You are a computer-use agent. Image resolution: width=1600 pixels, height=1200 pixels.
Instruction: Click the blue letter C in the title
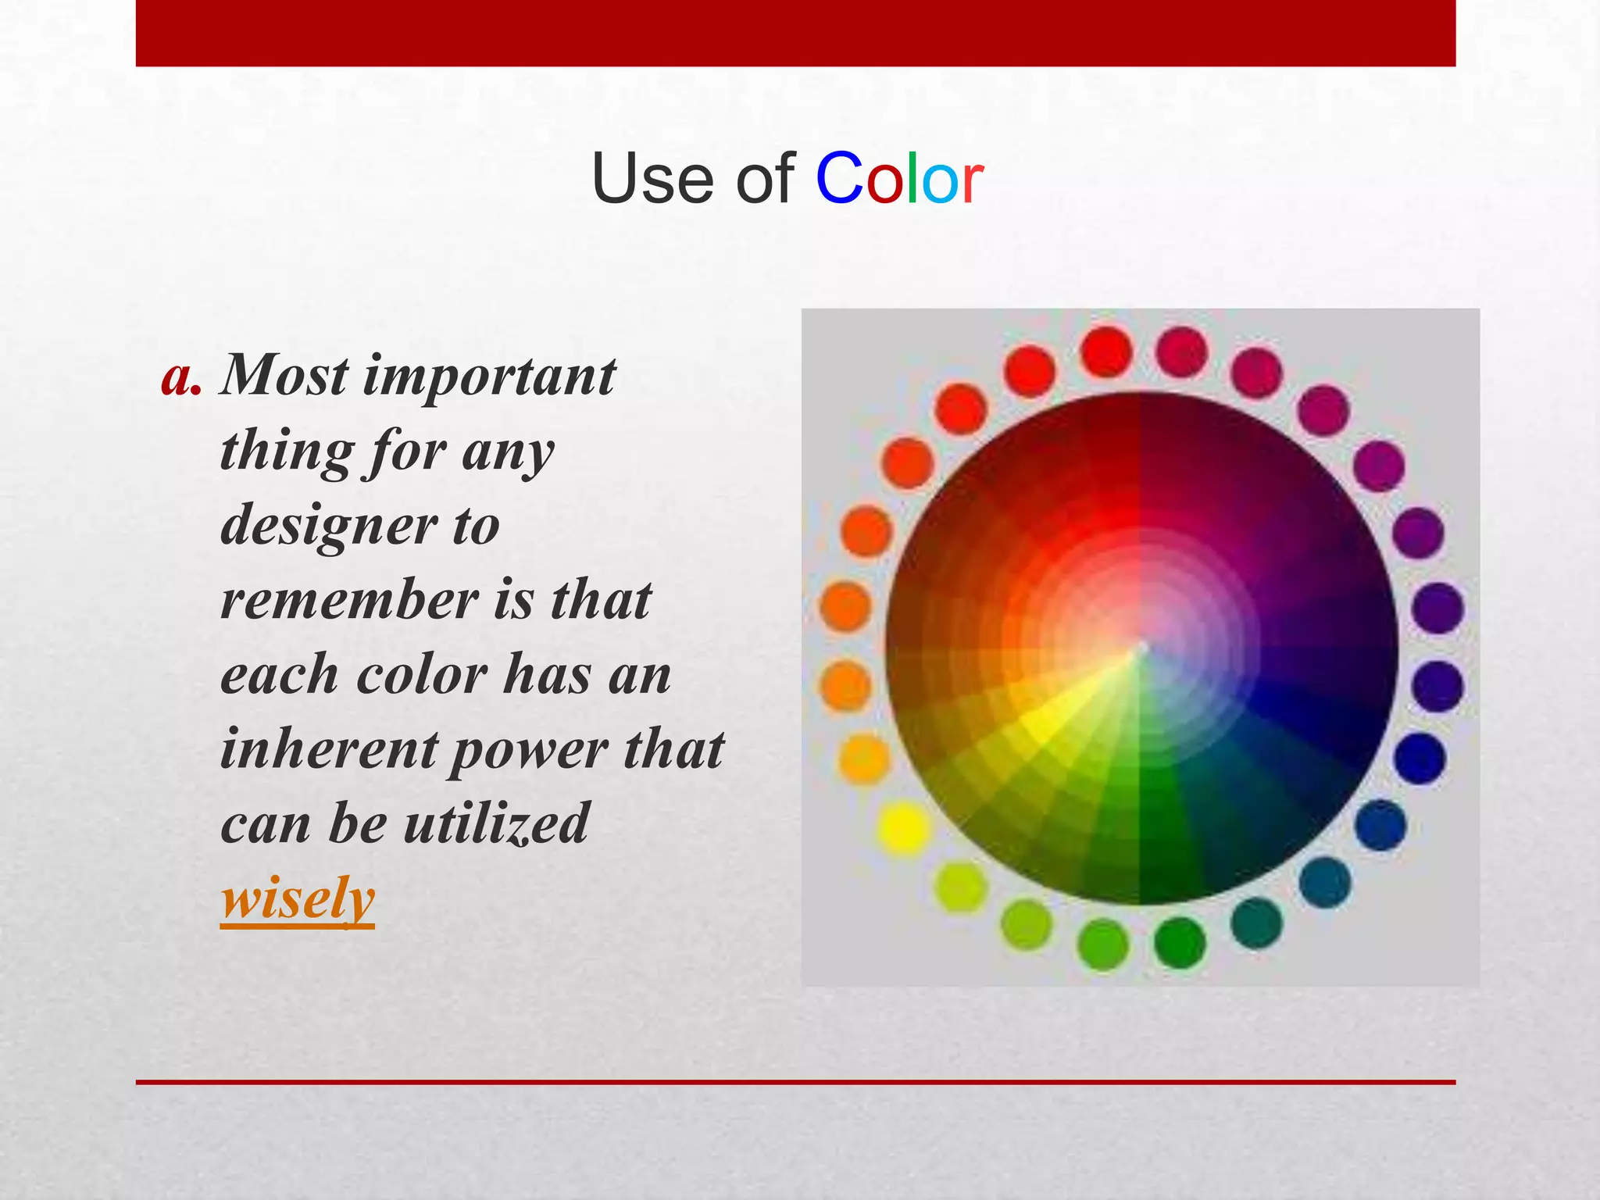pyautogui.click(x=839, y=179)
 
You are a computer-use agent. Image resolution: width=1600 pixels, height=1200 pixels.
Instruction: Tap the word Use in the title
pyautogui.click(x=653, y=179)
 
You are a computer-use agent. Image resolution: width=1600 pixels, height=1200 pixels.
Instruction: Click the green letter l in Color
pyautogui.click(x=911, y=179)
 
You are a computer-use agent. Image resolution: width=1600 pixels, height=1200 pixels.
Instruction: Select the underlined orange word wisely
pyautogui.click(x=298, y=899)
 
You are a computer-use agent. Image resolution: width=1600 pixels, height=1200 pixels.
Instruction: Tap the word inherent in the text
pyautogui.click(x=328, y=748)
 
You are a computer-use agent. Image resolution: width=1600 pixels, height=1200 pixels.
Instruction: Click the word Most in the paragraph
pyautogui.click(x=284, y=377)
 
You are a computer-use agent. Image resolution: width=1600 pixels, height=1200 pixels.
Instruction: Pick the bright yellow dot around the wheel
pyautogui.click(x=903, y=827)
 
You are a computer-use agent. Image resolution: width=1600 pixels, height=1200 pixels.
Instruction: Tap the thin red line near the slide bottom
pyautogui.click(x=795, y=1082)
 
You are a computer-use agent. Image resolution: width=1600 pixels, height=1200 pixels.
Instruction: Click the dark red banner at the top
pyautogui.click(x=795, y=33)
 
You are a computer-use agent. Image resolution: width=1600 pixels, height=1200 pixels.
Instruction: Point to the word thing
pyautogui.click(x=287, y=452)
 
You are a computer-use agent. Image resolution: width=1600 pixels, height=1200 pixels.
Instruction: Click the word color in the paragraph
pyautogui.click(x=422, y=674)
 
